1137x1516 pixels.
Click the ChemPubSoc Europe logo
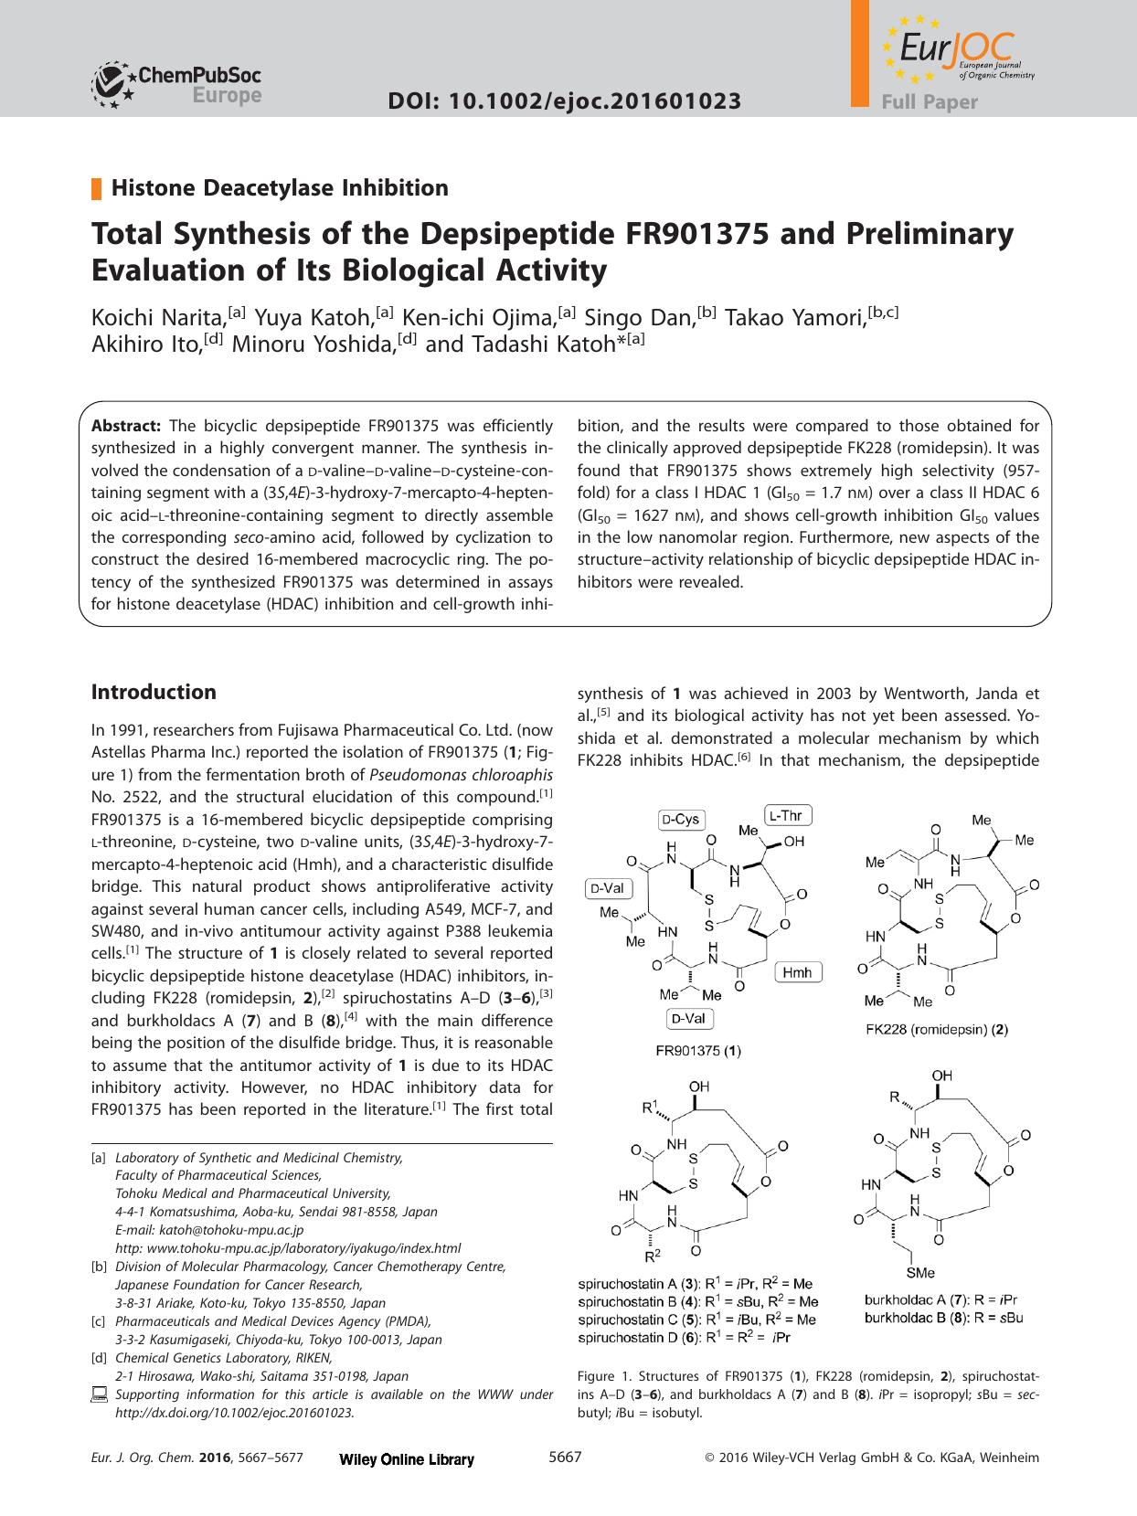tap(176, 82)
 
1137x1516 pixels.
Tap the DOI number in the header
tap(564, 101)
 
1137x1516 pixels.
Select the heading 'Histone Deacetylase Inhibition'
tap(279, 188)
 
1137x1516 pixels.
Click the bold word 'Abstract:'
tap(126, 426)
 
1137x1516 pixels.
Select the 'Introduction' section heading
tap(154, 692)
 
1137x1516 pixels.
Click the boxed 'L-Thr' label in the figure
tap(787, 814)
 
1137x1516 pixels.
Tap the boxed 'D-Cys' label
tap(681, 819)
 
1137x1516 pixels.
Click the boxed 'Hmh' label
tap(797, 971)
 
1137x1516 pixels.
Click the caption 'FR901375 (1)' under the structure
tap(698, 1051)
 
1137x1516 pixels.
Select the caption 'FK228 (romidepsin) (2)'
tap(936, 1029)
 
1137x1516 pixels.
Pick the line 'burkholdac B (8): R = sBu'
tap(942, 1318)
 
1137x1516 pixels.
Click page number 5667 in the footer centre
tap(565, 1458)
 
